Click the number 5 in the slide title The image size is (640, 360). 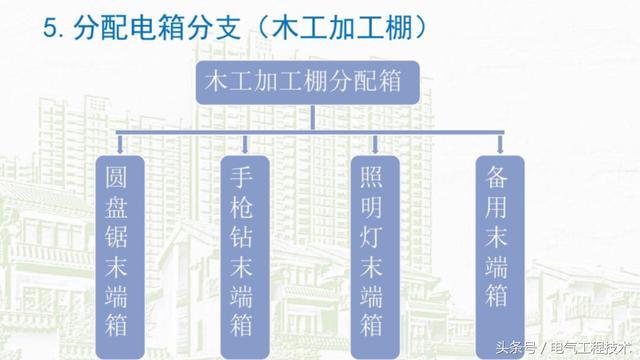51,27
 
